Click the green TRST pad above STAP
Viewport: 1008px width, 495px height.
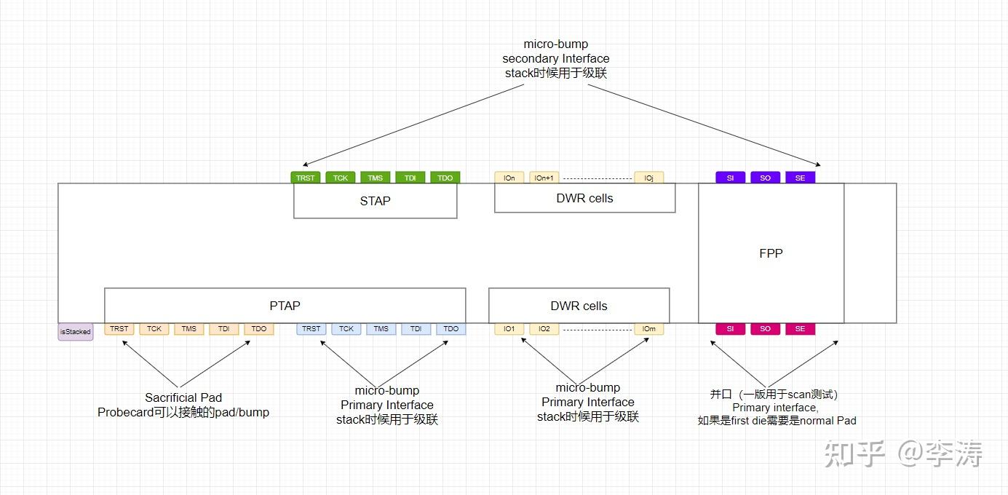click(x=306, y=178)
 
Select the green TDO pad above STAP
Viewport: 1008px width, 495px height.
click(x=445, y=178)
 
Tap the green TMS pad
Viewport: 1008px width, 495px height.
click(x=376, y=178)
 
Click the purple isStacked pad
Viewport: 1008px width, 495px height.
click(x=76, y=332)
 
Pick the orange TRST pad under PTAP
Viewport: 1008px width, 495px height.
click(x=119, y=329)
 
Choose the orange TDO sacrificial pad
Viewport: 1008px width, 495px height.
click(x=259, y=329)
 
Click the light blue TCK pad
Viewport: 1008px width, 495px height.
click(x=346, y=329)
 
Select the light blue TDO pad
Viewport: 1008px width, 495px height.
click(x=451, y=329)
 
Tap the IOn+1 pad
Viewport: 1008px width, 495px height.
click(x=544, y=178)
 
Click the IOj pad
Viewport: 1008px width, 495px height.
click(x=649, y=178)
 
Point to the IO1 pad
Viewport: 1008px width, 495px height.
click(x=509, y=329)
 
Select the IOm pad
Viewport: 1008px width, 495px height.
click(x=649, y=329)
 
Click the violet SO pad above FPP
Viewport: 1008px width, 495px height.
click(x=766, y=178)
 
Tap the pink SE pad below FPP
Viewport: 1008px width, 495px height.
click(x=800, y=329)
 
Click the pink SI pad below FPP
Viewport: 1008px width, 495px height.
click(x=731, y=329)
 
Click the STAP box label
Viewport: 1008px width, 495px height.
click(x=376, y=201)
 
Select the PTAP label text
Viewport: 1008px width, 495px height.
click(x=285, y=306)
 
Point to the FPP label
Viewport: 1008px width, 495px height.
click(x=771, y=253)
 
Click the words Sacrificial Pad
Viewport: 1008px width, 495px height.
click(x=183, y=397)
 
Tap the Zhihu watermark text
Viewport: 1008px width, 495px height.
click(x=903, y=454)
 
